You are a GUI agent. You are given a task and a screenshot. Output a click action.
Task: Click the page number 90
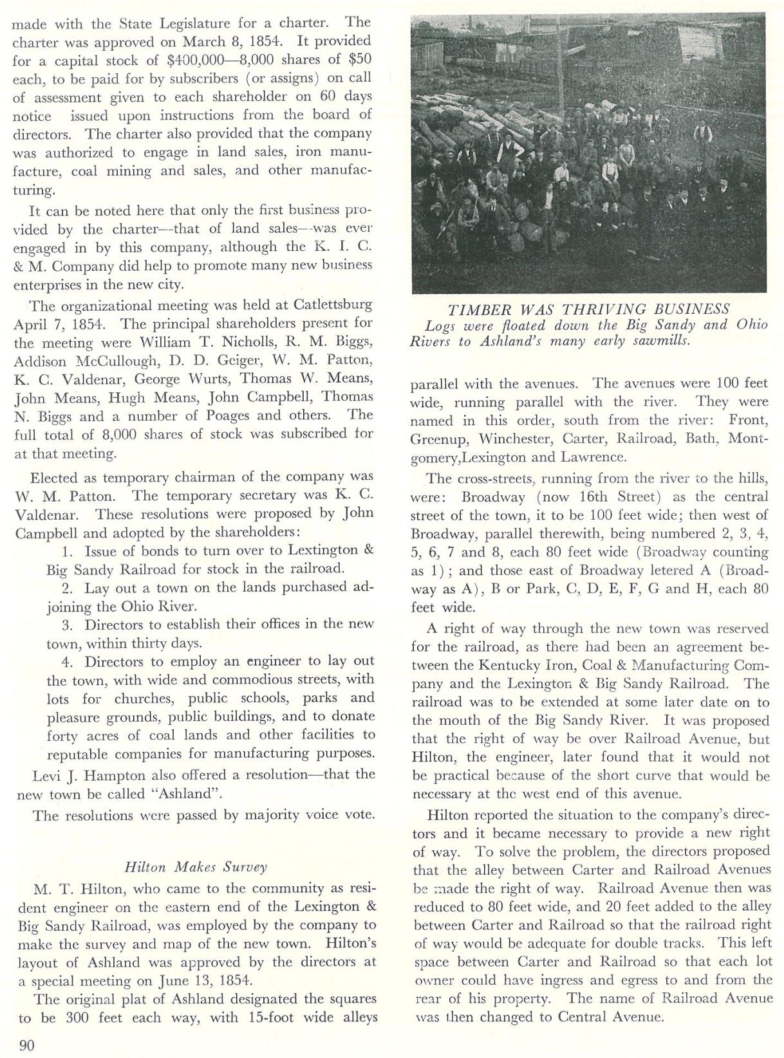click(x=26, y=1045)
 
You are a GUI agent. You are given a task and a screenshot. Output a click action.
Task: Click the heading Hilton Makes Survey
click(x=195, y=866)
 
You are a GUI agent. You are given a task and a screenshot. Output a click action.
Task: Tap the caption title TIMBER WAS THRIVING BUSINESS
click(x=588, y=309)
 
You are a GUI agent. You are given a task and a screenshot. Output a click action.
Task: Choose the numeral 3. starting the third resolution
click(x=69, y=625)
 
